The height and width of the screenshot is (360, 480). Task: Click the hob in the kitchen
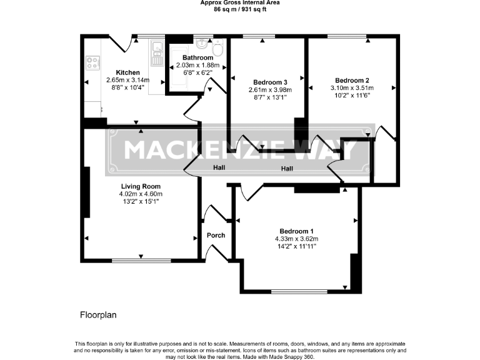92,63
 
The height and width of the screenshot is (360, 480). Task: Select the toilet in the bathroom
217,49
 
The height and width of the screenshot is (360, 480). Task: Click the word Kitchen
119,72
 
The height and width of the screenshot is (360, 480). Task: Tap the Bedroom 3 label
270,82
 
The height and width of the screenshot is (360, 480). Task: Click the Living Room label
141,186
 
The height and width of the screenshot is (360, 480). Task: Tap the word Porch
216,236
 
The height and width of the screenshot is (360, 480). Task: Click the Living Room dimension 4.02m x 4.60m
141,194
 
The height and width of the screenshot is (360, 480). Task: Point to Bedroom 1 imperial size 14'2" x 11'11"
297,246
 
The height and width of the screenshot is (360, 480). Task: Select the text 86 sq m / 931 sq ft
239,9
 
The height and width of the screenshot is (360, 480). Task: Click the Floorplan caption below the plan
98,315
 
